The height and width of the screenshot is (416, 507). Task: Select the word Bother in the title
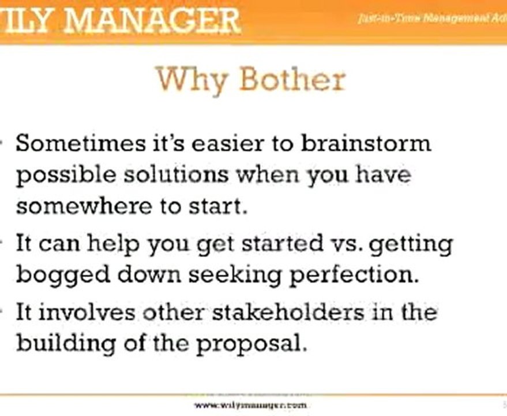click(x=291, y=79)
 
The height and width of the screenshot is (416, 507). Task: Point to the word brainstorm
click(x=366, y=143)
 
